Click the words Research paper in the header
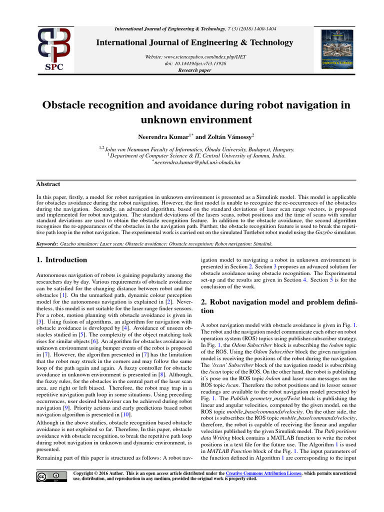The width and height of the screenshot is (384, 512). click(194, 70)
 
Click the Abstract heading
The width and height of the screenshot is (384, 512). click(48, 184)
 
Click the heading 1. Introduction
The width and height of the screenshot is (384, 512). click(62, 260)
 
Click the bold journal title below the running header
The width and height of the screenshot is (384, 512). click(194, 42)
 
